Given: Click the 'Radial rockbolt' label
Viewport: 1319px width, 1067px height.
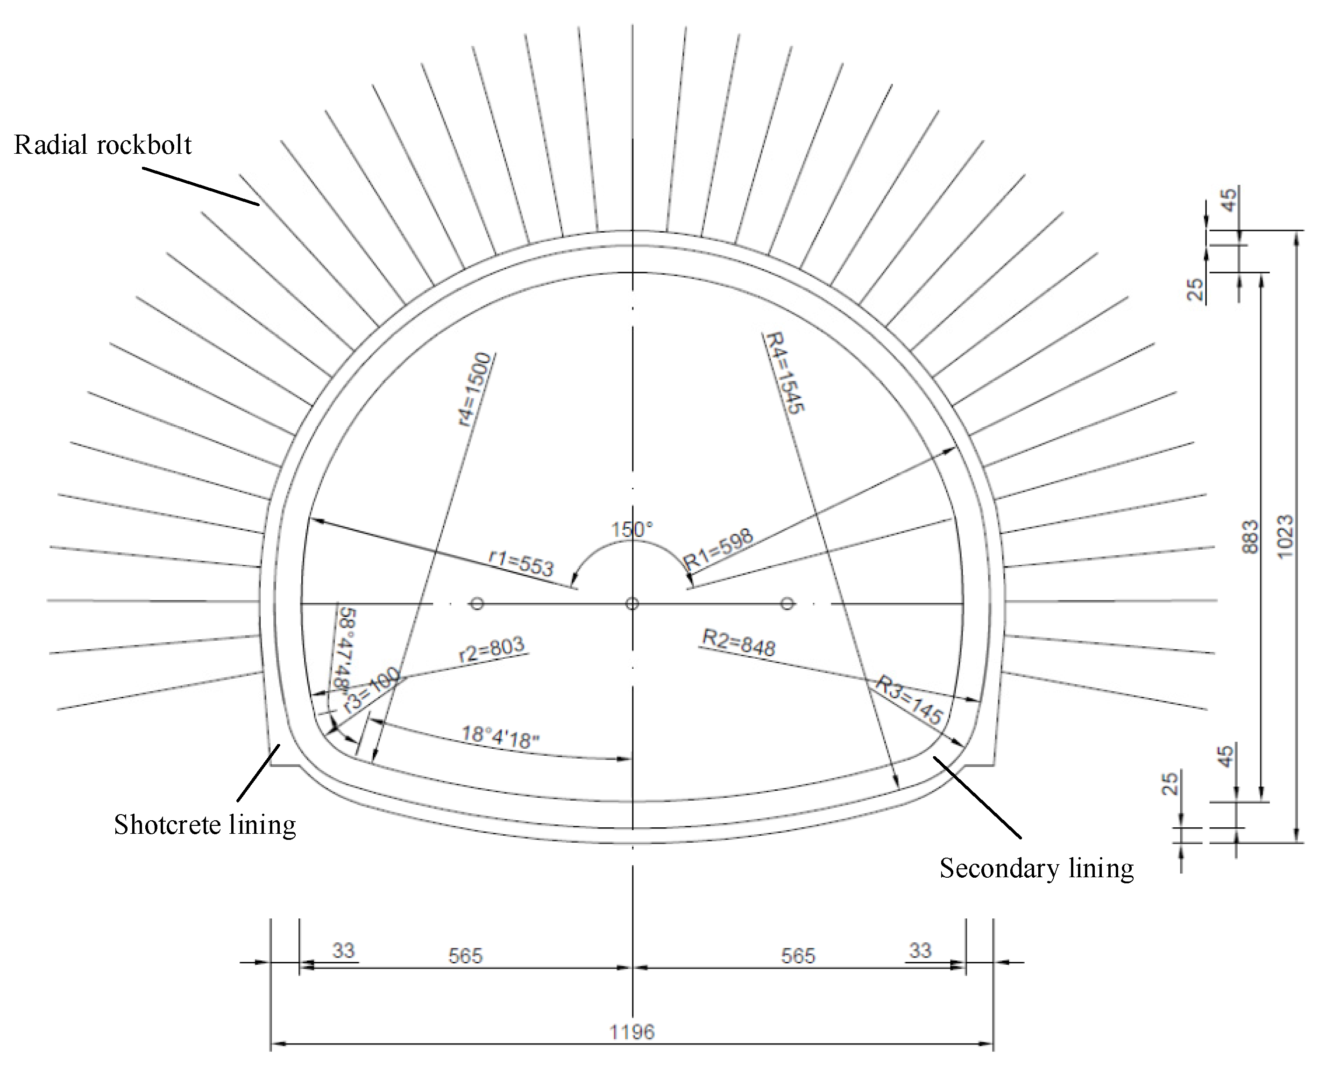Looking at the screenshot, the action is (x=103, y=145).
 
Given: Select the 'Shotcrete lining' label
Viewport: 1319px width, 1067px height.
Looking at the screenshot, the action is (x=205, y=825).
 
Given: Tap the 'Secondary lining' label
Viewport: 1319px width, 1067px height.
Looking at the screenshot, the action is (x=1036, y=868).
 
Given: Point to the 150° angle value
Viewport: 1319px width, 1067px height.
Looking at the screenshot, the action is (x=631, y=529).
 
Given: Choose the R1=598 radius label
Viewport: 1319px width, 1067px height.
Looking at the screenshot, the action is (x=719, y=549).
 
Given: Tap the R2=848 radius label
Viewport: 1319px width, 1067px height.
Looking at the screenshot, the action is (x=739, y=643).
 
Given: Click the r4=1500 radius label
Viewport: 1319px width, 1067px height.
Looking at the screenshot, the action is (x=476, y=390).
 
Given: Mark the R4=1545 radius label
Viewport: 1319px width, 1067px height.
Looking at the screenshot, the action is (x=783, y=373).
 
